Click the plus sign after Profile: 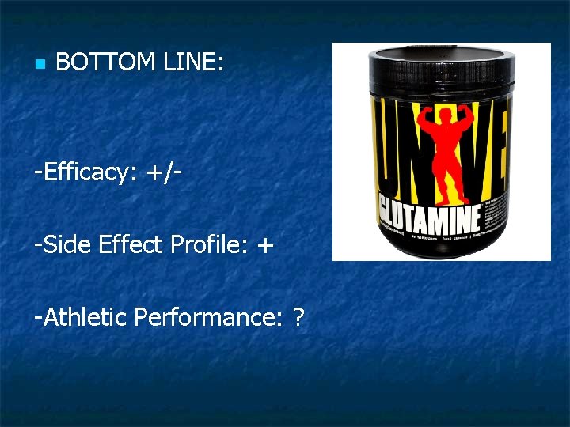264,246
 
